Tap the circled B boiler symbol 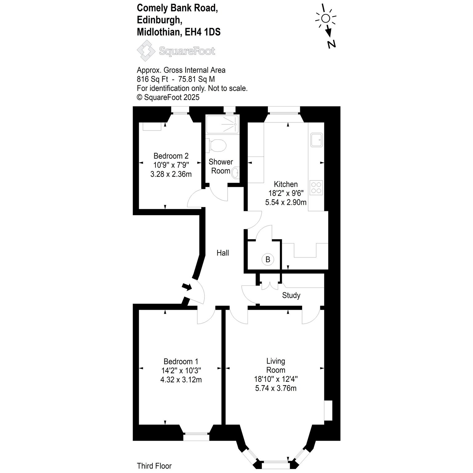click(268, 260)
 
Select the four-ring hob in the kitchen click(316, 188)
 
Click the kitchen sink click(317, 140)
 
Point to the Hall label click(223, 253)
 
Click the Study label click(291, 296)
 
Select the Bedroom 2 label click(171, 156)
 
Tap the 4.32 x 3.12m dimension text click(181, 380)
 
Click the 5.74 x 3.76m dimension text click(276, 388)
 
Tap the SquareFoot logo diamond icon click(146, 51)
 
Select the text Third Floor click(154, 466)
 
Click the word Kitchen click(286, 184)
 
